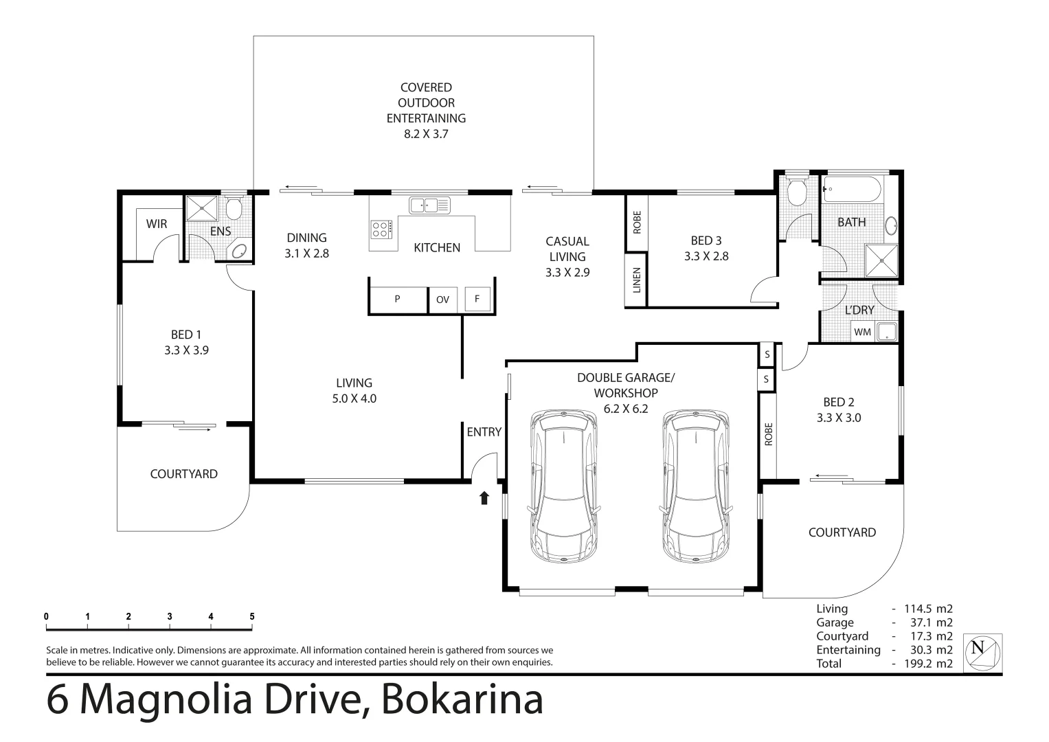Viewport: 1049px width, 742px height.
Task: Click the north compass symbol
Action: (983, 652)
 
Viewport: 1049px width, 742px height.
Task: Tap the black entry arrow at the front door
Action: (484, 498)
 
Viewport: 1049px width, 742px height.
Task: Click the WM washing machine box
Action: (862, 332)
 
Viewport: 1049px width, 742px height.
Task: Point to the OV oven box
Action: (443, 300)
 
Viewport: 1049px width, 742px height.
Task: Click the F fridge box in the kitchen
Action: (477, 299)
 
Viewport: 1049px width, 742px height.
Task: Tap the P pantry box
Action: (398, 300)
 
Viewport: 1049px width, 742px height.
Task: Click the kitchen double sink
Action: (429, 205)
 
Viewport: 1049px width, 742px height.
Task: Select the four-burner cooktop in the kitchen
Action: (382, 229)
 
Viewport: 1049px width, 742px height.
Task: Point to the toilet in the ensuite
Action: (233, 207)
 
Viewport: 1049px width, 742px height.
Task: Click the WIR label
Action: (156, 224)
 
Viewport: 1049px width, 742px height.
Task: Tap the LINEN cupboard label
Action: (637, 280)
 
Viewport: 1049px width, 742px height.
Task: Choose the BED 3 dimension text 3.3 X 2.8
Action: (706, 256)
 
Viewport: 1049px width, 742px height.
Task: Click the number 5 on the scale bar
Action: (252, 616)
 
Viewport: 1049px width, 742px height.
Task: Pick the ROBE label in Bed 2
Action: (768, 434)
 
